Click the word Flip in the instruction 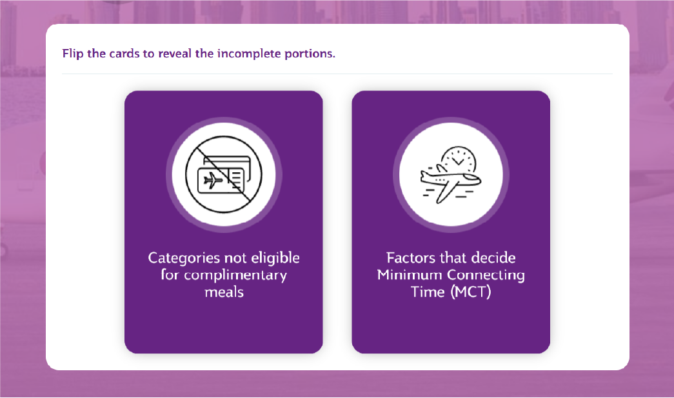[x=73, y=54]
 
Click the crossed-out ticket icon [x=224, y=175]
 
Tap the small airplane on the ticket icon [x=213, y=181]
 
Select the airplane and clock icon [x=451, y=175]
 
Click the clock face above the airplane [x=459, y=159]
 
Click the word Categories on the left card [x=184, y=258]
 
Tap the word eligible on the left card [x=275, y=258]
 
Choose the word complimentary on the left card [x=235, y=275]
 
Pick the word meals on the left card [x=224, y=292]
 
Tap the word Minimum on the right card [x=410, y=275]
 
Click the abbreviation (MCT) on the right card [x=471, y=292]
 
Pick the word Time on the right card [x=428, y=292]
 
